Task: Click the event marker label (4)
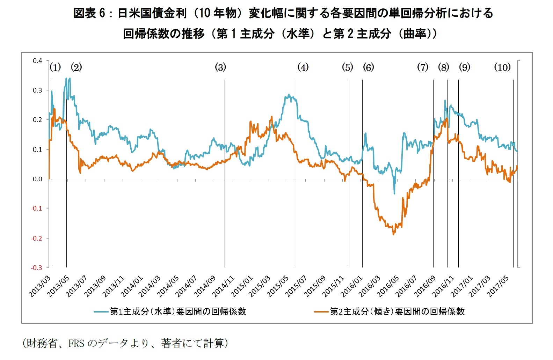[303, 67]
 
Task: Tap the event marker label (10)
[502, 67]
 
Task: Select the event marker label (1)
[55, 67]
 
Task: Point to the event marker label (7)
[423, 67]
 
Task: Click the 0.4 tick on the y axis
[37, 61]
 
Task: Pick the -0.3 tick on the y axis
[37, 268]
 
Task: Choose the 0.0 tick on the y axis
[37, 179]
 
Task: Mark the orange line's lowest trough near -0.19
[394, 234]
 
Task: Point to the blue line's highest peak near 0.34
[66, 79]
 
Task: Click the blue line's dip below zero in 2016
[394, 193]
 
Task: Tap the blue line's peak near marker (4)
[289, 95]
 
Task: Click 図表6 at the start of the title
[89, 13]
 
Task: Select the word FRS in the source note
[76, 344]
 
